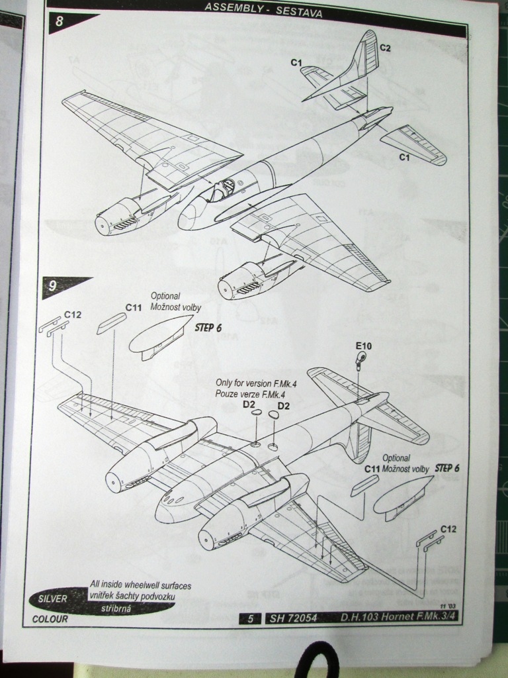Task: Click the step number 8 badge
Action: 60,21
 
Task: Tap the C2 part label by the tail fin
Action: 385,48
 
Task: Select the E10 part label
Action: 364,346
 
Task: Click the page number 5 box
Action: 250,619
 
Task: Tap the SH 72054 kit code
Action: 294,619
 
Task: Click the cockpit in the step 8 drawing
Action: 222,190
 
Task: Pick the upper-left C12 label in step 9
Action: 72,315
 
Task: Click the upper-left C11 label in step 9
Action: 134,308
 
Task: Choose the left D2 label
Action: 249,405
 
